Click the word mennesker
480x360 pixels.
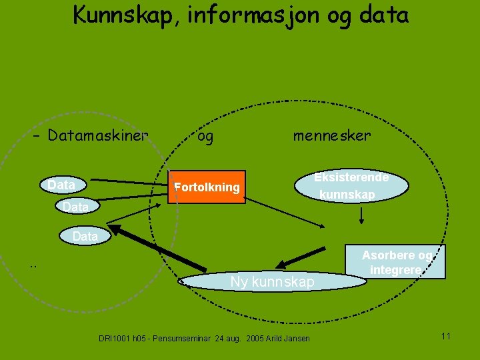click(x=331, y=136)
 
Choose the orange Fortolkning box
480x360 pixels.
click(x=207, y=187)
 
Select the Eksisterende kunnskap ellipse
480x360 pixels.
click(x=353, y=186)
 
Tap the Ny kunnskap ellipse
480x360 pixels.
click(x=272, y=282)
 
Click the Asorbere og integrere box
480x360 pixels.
click(x=397, y=263)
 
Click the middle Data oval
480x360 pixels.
click(x=76, y=207)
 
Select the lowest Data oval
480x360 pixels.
click(x=85, y=236)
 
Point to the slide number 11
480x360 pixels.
click(x=446, y=335)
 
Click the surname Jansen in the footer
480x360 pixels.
click(x=296, y=339)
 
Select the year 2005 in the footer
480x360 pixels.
click(x=256, y=339)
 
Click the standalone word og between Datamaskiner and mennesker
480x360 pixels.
click(x=206, y=137)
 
